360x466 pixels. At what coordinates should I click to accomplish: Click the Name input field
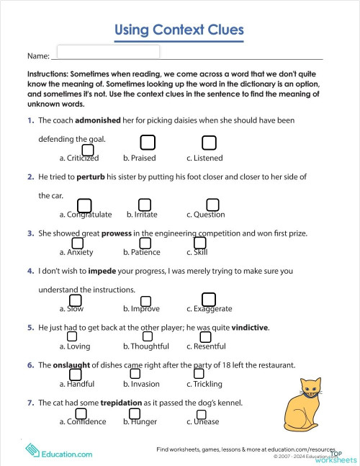click(107, 52)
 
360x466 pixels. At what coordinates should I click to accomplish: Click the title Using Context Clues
click(179, 30)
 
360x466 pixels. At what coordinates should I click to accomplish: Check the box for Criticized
click(88, 149)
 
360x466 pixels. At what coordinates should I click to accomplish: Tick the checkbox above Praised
click(147, 142)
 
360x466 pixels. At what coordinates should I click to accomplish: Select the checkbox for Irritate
click(145, 205)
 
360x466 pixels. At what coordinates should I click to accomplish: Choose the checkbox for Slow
click(73, 300)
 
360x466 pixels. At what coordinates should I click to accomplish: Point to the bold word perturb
click(91, 176)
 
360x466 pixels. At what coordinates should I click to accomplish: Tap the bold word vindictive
click(249, 328)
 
